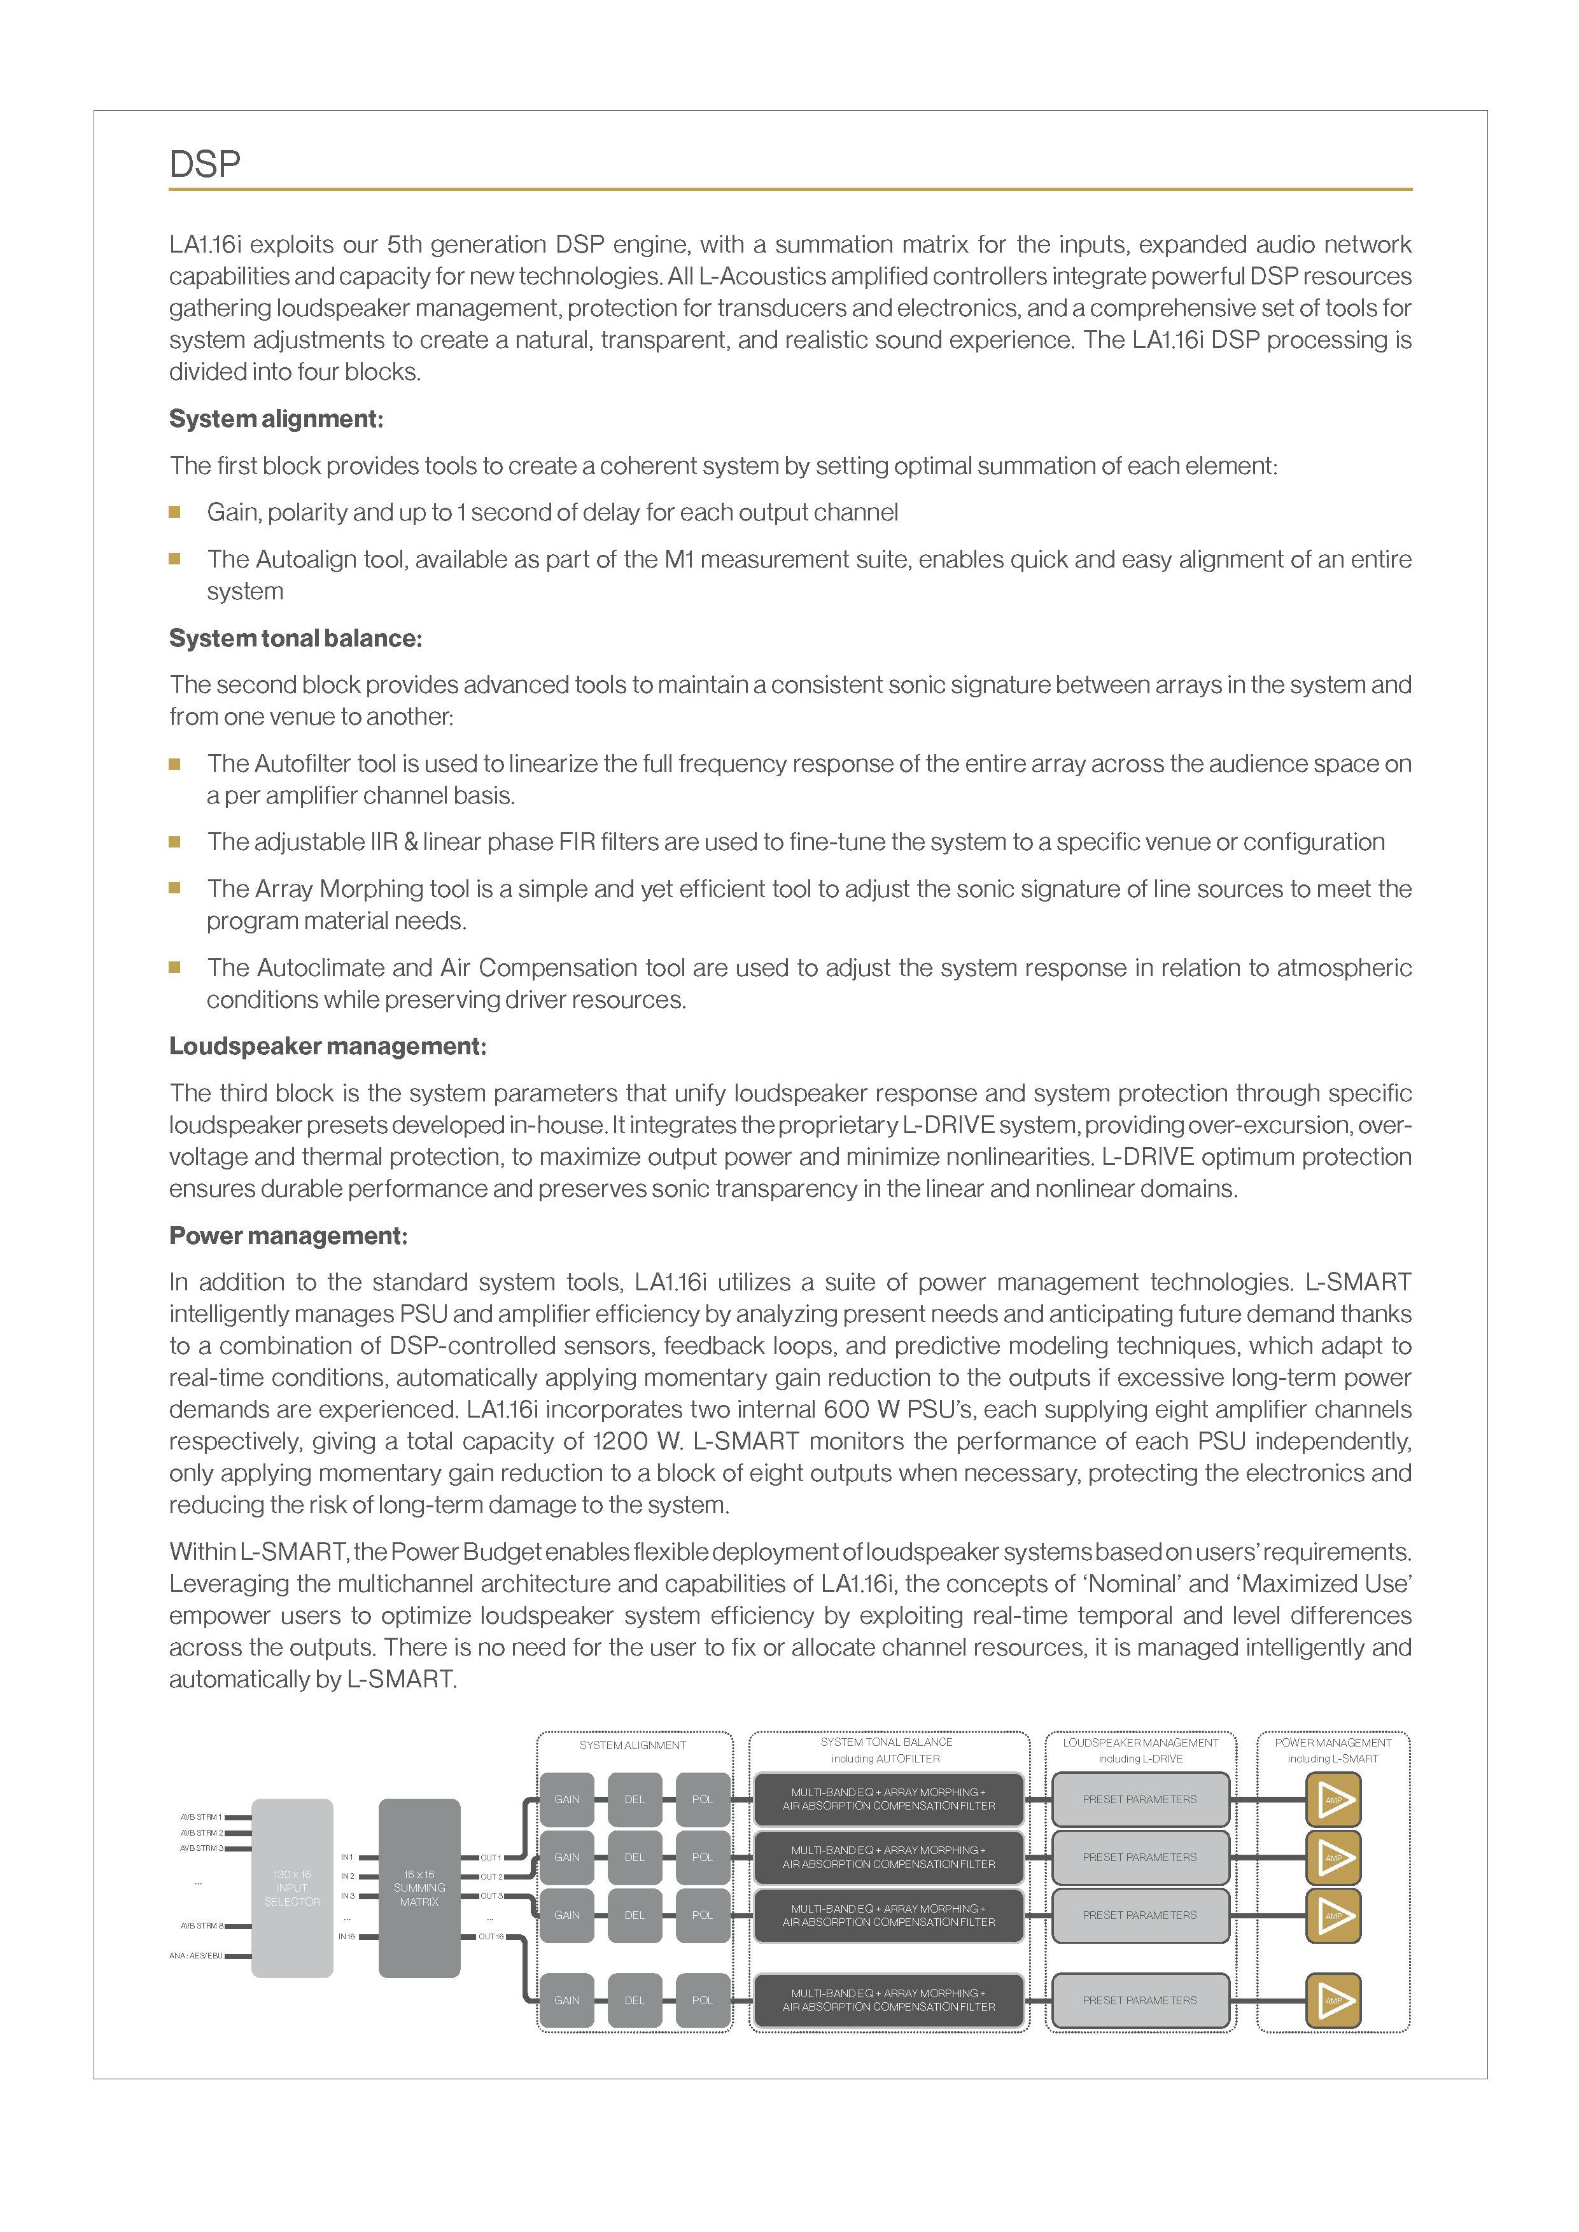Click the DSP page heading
[204, 164]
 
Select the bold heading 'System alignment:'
[276, 419]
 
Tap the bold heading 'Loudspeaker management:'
[328, 1046]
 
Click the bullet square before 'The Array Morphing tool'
[175, 888]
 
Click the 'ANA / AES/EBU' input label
[195, 1956]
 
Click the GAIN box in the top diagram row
[567, 1799]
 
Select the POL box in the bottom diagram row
[702, 2000]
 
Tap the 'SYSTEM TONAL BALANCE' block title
[886, 1742]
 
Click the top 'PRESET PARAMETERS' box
[1139, 1799]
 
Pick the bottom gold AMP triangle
[1333, 2000]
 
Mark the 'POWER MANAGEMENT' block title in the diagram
[1333, 1743]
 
